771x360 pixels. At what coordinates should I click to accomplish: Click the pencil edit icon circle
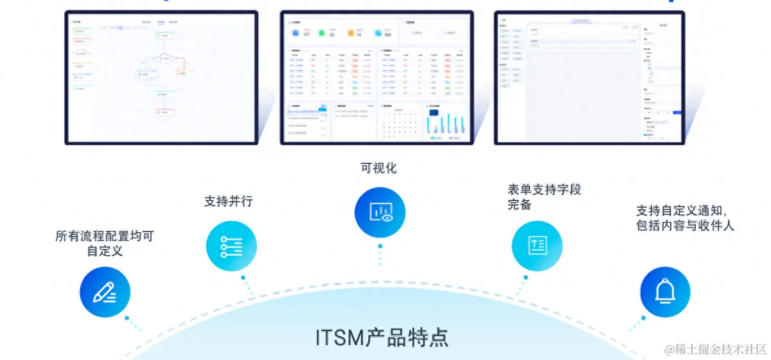(105, 292)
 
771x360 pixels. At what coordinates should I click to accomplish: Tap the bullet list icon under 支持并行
(231, 244)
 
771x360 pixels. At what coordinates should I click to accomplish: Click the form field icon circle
(537, 245)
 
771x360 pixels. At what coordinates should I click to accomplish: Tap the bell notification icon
(665, 292)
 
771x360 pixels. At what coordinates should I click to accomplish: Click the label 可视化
(378, 168)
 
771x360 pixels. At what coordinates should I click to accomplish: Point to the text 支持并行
(229, 201)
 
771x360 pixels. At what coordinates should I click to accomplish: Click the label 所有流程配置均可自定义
(105, 243)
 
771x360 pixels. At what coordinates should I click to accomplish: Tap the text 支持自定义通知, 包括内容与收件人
(684, 218)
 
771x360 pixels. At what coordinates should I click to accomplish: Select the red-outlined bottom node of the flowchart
(165, 111)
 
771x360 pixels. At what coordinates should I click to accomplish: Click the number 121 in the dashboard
(306, 34)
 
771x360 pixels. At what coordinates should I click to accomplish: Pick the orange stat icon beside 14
(351, 32)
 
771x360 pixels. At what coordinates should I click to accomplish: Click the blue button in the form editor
(677, 112)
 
